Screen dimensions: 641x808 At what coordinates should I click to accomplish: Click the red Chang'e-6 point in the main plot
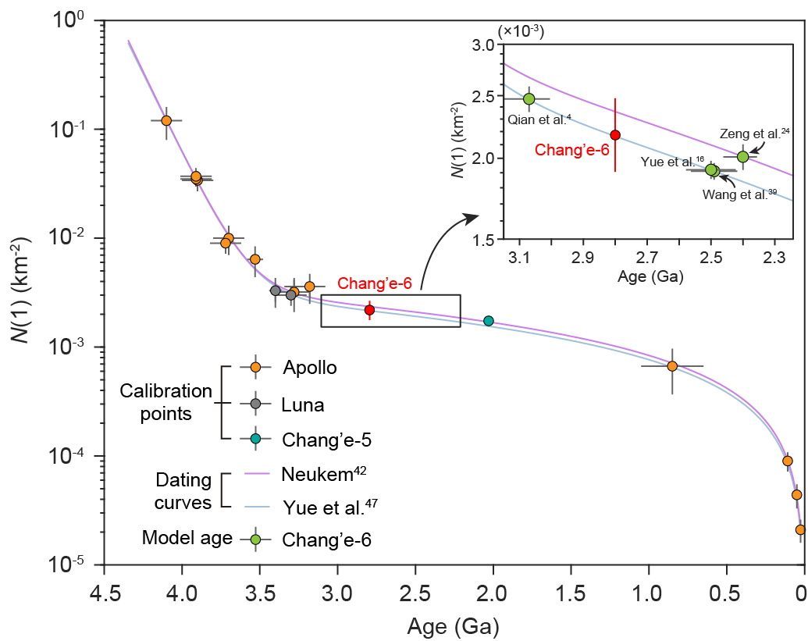tap(369, 310)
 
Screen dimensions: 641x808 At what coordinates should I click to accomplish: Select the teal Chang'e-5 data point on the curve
tap(489, 321)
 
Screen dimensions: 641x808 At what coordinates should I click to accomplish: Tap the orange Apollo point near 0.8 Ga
tap(672, 365)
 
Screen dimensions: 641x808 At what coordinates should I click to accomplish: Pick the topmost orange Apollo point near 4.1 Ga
tap(166, 120)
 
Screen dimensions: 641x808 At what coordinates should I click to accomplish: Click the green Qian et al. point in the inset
tap(529, 98)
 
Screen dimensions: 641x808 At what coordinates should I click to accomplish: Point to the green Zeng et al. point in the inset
tap(742, 156)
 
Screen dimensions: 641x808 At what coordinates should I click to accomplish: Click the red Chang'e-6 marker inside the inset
tap(615, 134)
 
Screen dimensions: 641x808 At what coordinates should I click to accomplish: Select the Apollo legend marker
tap(255, 367)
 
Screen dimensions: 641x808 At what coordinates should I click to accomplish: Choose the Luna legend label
tap(302, 404)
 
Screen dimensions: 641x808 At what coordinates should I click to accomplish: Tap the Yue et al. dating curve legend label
tap(326, 507)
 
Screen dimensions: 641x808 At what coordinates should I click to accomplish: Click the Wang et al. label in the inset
tap(735, 194)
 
